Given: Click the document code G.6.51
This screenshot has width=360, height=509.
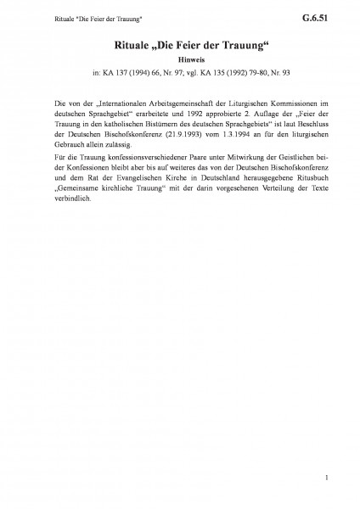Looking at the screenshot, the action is coord(322,15).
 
